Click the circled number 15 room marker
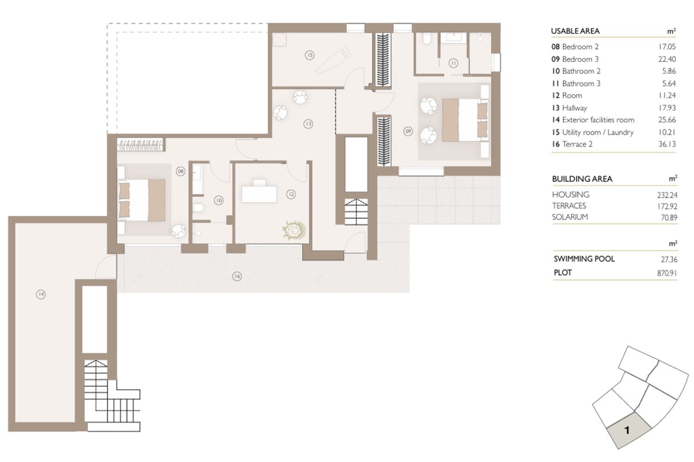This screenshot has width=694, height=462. click(309, 55)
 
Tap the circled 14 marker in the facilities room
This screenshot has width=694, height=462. click(41, 295)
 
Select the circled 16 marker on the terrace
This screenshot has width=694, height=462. click(237, 276)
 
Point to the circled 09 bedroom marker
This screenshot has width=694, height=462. click(408, 131)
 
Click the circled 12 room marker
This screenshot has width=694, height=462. click(291, 195)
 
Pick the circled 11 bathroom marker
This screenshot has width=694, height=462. click(453, 64)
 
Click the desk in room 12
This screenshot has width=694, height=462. click(259, 192)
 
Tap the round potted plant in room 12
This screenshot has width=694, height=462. click(294, 230)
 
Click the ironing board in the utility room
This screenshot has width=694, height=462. click(334, 60)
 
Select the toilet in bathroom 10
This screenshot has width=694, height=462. click(198, 207)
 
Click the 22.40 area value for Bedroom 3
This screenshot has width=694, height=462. click(667, 59)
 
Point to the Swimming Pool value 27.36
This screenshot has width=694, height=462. click(669, 259)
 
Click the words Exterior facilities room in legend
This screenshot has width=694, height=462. click(598, 120)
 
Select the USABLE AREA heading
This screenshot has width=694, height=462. click(575, 31)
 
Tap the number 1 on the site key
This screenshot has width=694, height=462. click(627, 430)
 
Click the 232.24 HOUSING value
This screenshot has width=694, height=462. click(667, 195)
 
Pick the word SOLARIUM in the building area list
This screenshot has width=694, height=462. click(570, 217)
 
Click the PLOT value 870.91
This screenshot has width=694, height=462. click(667, 273)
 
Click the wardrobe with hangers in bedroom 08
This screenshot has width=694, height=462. click(140, 145)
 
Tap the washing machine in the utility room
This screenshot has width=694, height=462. click(279, 40)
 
